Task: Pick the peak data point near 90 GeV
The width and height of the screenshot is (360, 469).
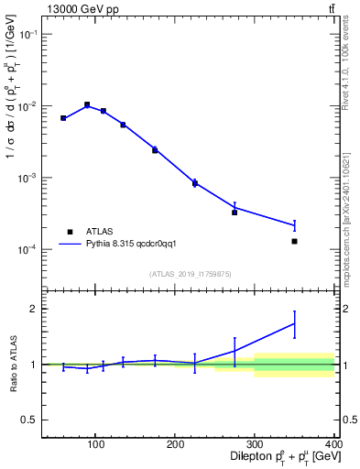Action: (87, 104)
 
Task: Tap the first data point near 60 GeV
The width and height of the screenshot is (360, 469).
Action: (63, 118)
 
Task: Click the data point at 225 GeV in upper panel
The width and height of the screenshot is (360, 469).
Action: (195, 183)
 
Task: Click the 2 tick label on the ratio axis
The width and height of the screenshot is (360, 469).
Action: (31, 309)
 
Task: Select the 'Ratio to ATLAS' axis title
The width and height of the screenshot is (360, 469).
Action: (11, 365)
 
